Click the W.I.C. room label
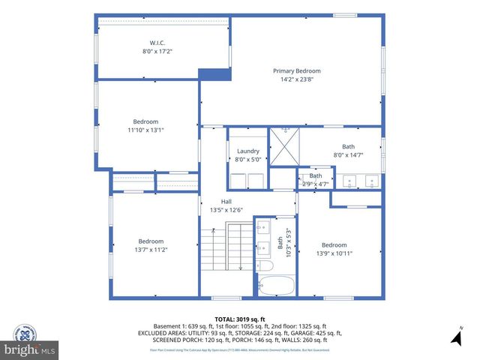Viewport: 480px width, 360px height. click(158, 42)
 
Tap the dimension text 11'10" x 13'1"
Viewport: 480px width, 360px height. click(145, 130)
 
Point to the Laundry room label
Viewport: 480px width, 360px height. click(248, 151)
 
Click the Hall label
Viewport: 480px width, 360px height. click(226, 202)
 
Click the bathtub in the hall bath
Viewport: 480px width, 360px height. click(276, 286)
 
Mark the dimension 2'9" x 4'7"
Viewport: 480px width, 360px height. click(315, 184)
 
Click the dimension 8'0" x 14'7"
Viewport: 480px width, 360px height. click(349, 155)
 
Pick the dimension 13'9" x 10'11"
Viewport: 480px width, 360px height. click(334, 253)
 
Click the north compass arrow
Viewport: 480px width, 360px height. click(454, 338)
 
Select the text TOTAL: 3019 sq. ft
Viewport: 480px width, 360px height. click(239, 318)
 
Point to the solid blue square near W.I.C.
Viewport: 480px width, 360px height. click(214, 75)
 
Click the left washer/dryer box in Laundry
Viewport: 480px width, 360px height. click(238, 181)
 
